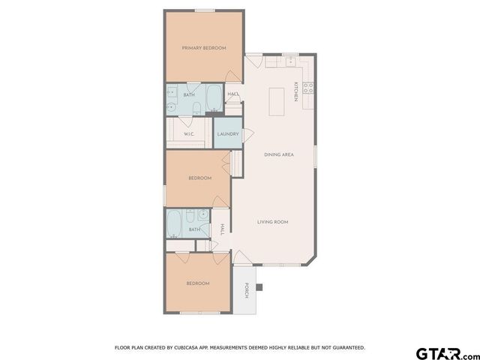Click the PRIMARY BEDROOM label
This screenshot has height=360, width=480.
pos(204,48)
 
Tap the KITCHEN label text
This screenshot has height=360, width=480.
pos(296,91)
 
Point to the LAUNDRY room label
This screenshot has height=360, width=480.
pos(227,134)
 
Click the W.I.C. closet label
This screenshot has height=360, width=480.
pos(189,134)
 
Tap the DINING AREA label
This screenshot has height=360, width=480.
pos(277,155)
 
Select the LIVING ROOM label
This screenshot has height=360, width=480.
pos(273,222)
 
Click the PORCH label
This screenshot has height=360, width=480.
pos(245,290)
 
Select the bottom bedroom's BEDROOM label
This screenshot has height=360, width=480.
pos(197,283)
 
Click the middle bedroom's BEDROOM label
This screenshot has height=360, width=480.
pos(199,178)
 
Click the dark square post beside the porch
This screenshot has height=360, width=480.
pos(259,286)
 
